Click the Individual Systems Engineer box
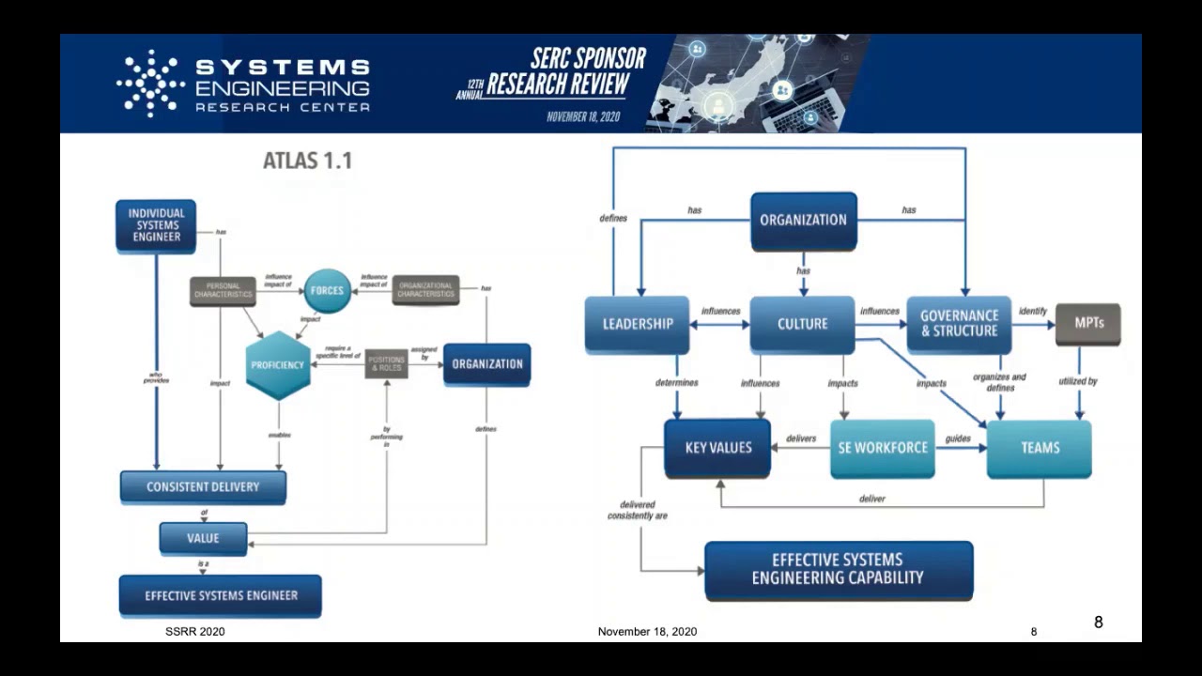tap(156, 225)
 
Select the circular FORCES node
tap(327, 290)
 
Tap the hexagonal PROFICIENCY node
tap(278, 364)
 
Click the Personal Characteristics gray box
tap(223, 291)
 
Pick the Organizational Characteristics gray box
tap(425, 290)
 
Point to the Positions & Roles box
tap(386, 363)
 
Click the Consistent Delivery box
tap(203, 486)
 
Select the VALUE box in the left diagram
tap(203, 538)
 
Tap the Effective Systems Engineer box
tap(221, 595)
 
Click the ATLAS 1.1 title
tap(307, 161)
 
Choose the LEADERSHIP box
tap(638, 324)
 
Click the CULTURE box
tap(802, 324)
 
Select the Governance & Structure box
tap(959, 324)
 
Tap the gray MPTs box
tap(1087, 323)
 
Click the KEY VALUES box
tap(717, 448)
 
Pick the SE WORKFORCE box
tap(883, 448)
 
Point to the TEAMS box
tap(1040, 448)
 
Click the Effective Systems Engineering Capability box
tap(838, 569)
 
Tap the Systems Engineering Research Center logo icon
tap(150, 83)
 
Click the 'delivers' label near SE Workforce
tap(801, 438)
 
